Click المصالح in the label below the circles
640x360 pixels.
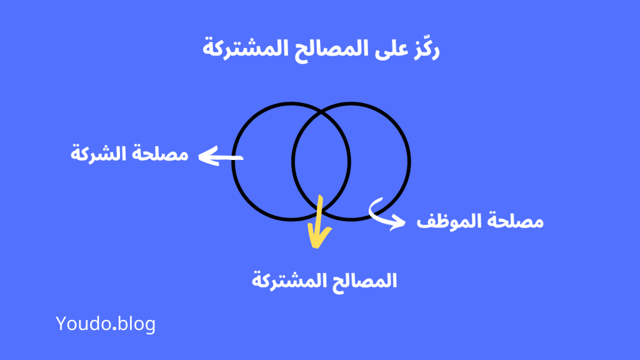click(x=364, y=281)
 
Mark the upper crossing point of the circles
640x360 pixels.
click(x=321, y=114)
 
